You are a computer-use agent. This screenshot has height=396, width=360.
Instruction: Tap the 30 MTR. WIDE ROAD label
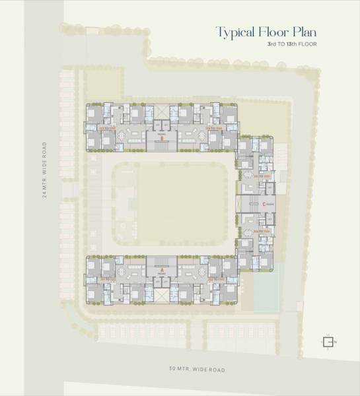[x=196, y=369]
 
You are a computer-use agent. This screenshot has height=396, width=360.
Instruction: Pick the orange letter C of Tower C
[x=264, y=204]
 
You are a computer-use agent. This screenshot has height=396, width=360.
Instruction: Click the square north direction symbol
[x=327, y=341]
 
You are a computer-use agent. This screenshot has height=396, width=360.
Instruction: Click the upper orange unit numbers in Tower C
[x=264, y=176]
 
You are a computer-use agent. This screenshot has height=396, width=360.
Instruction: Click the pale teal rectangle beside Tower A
[x=265, y=287]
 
